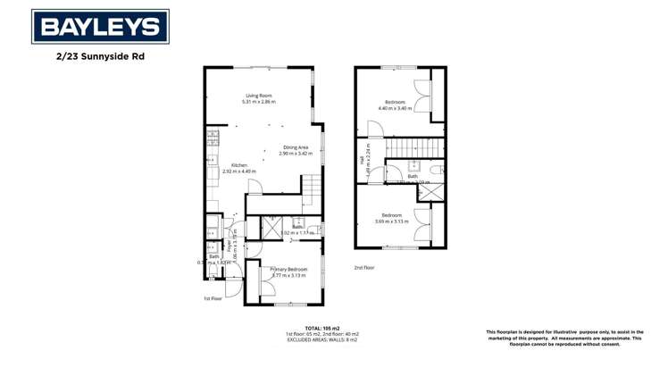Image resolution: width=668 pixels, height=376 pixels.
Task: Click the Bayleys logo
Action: click(x=100, y=27)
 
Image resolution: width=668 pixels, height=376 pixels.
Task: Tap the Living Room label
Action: click(x=259, y=96)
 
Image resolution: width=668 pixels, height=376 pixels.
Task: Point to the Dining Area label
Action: click(x=296, y=147)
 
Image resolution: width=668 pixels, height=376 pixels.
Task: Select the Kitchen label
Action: click(x=239, y=165)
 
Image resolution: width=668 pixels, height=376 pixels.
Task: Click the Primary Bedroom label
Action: click(x=288, y=269)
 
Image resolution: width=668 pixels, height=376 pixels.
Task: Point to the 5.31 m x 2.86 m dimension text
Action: click(x=259, y=102)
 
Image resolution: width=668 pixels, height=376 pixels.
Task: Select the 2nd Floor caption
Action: click(x=364, y=267)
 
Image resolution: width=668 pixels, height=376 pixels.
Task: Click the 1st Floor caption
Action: click(x=213, y=298)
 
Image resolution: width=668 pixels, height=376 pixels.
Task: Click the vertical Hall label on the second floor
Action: click(x=363, y=162)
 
